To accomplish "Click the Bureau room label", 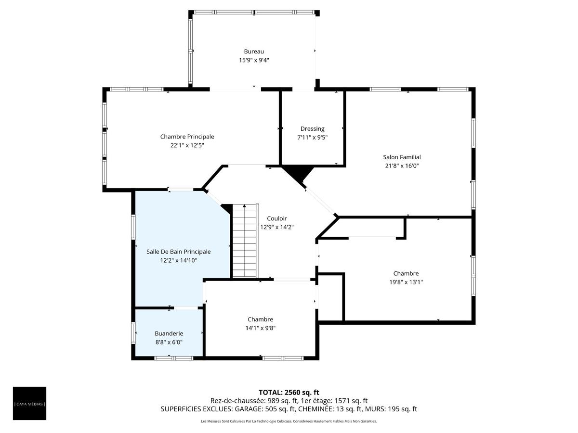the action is (253, 51).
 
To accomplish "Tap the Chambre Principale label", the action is (187, 137).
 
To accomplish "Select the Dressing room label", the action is (312, 129).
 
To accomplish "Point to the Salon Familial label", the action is (402, 157).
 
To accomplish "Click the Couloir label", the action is (277, 218).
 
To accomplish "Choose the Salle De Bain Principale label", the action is (178, 252).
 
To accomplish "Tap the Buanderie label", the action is (169, 333).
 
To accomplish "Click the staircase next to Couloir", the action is (245, 241).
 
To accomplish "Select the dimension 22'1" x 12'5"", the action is (187, 145).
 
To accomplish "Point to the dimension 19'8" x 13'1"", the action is (406, 282).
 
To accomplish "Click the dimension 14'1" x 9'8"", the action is (260, 328).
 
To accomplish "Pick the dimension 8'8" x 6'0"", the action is (169, 342).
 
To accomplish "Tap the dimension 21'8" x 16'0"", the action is (402, 166).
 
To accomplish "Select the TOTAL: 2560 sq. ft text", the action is (289, 393).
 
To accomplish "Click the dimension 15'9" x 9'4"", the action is (253, 60).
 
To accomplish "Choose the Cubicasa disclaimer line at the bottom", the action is (289, 421).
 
